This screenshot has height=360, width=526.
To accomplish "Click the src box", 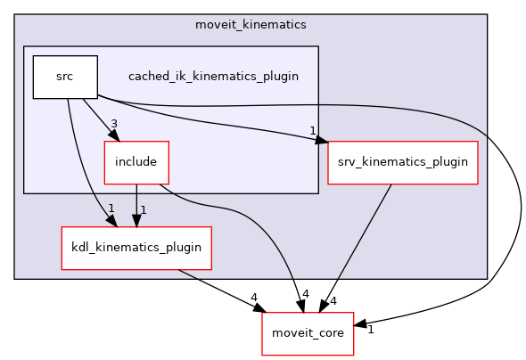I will pos(64,77).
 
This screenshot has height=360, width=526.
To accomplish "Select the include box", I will pos(136,162).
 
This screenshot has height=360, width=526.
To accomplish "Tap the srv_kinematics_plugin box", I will pos(402,162).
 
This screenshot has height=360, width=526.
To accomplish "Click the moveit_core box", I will pos(308,333).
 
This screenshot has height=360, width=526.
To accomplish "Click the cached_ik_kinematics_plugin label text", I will pos(212,77).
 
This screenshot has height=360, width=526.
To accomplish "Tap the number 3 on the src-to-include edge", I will pos(114,124).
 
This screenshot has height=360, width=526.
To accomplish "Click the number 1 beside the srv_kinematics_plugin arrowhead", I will pos(313,131).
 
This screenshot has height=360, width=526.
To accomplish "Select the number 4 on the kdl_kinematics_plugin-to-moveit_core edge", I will pos(254,297).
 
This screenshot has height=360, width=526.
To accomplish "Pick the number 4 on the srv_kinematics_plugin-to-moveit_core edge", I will pos(333,301).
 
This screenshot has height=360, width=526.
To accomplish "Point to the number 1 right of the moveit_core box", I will pos(370,330).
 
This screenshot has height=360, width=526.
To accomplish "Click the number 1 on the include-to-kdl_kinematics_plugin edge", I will pos(144,209).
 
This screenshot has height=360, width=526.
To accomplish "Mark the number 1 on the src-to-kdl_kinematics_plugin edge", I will pos(111,209).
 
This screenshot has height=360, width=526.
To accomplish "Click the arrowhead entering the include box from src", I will pos(114,135).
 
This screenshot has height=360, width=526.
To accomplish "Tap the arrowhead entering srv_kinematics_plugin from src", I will pos(323,141).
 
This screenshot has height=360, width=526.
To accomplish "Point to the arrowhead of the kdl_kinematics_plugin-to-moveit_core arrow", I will pos(259,308).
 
